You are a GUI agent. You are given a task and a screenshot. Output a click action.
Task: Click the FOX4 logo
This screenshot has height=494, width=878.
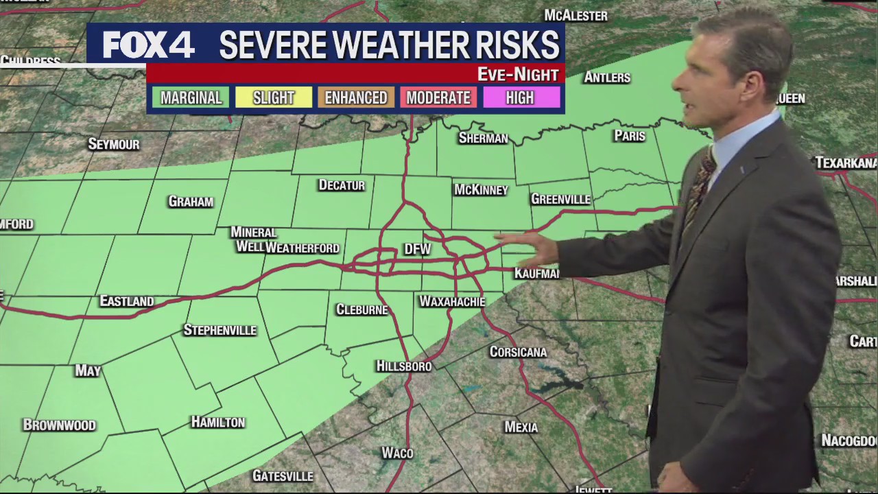(x=148, y=45)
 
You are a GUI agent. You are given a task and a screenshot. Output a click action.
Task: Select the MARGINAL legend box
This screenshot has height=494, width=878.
(x=191, y=97)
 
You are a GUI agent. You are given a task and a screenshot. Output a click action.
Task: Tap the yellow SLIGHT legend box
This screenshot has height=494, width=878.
(x=273, y=97)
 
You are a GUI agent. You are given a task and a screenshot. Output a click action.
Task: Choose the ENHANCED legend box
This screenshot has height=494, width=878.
(x=356, y=97)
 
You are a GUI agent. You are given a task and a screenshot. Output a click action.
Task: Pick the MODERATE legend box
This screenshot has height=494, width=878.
(x=438, y=97)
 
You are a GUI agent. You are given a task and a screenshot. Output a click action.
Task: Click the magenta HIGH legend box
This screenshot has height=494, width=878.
(x=520, y=97)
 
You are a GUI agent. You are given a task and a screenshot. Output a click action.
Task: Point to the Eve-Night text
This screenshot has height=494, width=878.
(x=518, y=74)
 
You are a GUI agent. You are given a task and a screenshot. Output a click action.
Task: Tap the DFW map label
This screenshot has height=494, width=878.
(x=417, y=249)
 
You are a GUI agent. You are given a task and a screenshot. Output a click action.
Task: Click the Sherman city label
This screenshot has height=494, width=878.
(x=483, y=138)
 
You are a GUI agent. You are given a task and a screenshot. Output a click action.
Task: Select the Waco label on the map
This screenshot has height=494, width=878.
(x=397, y=453)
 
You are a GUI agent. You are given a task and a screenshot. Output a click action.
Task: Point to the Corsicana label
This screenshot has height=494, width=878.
(x=518, y=352)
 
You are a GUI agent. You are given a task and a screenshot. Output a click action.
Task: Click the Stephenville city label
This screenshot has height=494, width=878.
(x=219, y=330)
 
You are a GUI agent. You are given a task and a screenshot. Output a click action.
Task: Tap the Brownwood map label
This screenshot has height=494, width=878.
(x=59, y=425)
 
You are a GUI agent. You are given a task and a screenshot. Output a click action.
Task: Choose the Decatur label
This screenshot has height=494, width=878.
(x=342, y=185)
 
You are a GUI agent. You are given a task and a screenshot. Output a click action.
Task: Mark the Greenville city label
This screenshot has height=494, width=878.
(x=560, y=199)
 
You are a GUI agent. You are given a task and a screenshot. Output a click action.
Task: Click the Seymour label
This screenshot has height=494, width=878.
(x=114, y=144)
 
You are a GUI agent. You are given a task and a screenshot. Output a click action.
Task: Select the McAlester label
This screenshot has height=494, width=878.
(x=576, y=15)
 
